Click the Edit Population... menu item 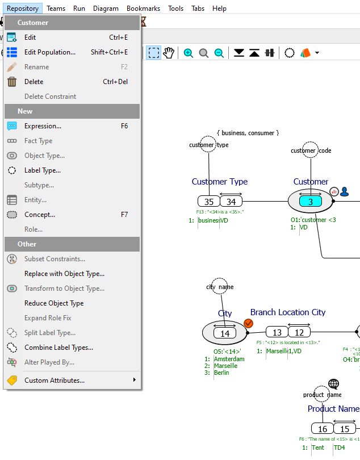coord(50,52)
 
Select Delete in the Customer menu coord(34,82)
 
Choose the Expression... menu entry coord(43,126)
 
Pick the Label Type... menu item coord(43,170)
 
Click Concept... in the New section coord(40,215)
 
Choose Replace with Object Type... coord(64,274)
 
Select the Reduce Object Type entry coord(54,303)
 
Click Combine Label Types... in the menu coord(58,348)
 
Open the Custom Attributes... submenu coord(55,380)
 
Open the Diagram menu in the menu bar coord(106,9)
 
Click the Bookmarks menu coord(144,9)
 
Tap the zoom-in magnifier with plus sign coord(189,53)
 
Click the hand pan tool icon coord(169,53)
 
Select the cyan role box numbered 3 coord(311,202)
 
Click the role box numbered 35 coord(208,202)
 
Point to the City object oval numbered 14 coord(225,333)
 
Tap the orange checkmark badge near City coord(248,323)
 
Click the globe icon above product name coord(333,384)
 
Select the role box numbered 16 coord(322,429)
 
